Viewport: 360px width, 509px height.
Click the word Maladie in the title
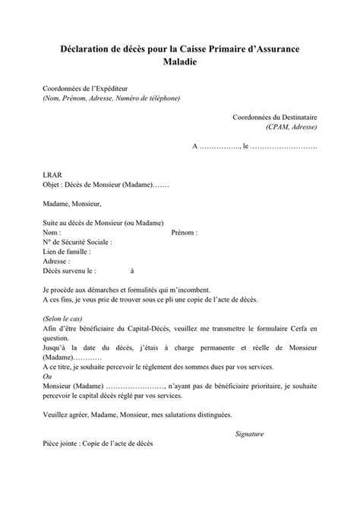(x=180, y=62)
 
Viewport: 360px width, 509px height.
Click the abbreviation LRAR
(x=52, y=174)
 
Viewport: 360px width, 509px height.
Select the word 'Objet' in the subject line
(x=52, y=184)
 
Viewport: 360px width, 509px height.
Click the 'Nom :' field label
(x=52, y=232)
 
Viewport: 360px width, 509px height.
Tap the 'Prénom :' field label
(x=185, y=232)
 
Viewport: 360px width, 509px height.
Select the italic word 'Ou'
(x=47, y=375)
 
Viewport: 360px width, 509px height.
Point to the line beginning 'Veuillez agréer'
(x=136, y=414)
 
